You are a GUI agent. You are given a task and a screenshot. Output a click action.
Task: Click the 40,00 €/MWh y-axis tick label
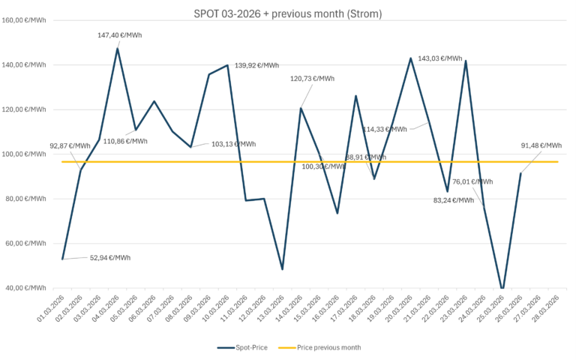(x=25, y=289)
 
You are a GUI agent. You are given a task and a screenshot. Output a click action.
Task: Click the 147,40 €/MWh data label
(x=120, y=35)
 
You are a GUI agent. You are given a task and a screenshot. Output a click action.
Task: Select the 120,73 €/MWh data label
(x=312, y=79)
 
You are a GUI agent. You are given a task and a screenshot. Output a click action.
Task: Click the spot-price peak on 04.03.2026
(x=118, y=48)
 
